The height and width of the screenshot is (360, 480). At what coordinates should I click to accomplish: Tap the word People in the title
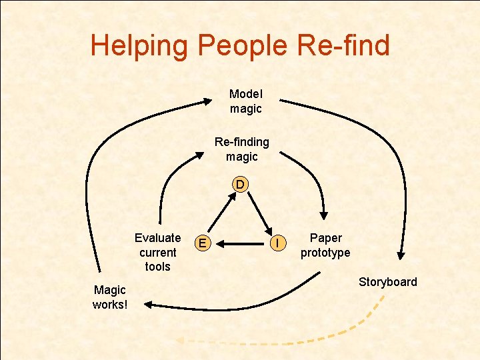pyautogui.click(x=239, y=45)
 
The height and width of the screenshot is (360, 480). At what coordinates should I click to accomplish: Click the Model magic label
pyautogui.click(x=246, y=101)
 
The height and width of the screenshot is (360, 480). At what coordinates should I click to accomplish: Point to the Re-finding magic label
pyautogui.click(x=241, y=149)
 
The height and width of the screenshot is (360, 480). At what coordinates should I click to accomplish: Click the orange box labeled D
pyautogui.click(x=240, y=184)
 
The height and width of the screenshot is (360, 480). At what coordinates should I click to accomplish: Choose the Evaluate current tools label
pyautogui.click(x=157, y=252)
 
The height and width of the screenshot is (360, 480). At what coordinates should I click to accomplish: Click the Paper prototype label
pyautogui.click(x=325, y=245)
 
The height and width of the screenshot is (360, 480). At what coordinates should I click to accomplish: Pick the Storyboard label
pyautogui.click(x=388, y=281)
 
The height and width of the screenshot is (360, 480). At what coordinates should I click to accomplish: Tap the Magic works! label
pyautogui.click(x=110, y=297)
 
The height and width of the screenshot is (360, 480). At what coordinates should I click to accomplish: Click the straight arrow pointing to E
pyautogui.click(x=240, y=244)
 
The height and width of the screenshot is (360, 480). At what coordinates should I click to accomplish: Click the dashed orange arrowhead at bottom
pyautogui.click(x=179, y=341)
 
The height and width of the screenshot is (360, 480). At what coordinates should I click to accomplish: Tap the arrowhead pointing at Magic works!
pyautogui.click(x=147, y=304)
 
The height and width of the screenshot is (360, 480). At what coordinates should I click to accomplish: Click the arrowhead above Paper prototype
pyautogui.click(x=323, y=215)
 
